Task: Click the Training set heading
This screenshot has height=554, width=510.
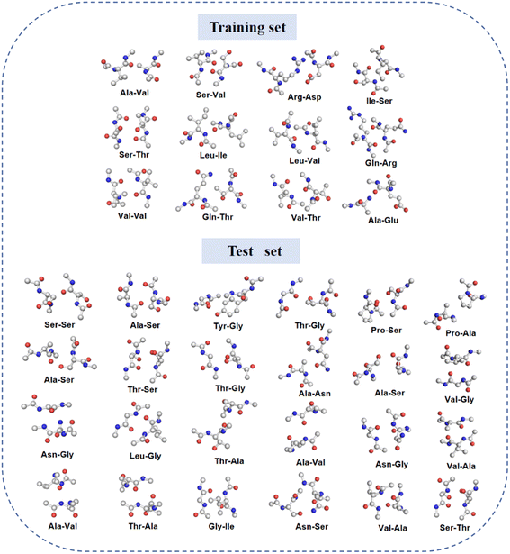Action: (x=247, y=27)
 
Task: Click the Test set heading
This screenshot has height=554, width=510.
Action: (x=255, y=250)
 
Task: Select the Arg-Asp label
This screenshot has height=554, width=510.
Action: (x=304, y=96)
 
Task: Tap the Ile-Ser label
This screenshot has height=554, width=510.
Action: (x=380, y=101)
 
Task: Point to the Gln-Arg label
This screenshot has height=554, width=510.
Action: (x=380, y=163)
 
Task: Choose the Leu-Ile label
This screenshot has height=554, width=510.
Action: (x=213, y=155)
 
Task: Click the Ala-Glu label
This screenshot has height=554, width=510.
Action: (x=383, y=220)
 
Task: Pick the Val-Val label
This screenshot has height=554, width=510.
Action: (x=132, y=215)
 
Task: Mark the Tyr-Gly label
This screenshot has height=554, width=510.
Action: (x=228, y=326)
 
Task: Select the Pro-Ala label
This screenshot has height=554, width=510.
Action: (x=461, y=332)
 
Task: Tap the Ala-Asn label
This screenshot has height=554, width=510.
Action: (x=315, y=394)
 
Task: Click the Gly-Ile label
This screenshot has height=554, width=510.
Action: (x=221, y=526)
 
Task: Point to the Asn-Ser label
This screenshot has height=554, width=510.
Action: (x=312, y=526)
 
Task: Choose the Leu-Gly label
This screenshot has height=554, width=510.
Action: (x=146, y=456)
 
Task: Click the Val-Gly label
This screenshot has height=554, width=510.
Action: (x=460, y=399)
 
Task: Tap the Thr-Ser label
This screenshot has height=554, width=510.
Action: (x=142, y=389)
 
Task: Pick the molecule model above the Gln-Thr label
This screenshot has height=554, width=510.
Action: (x=211, y=190)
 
